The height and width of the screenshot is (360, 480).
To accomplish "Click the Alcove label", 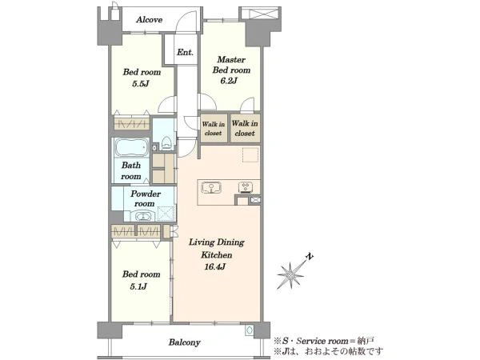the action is point(149,20).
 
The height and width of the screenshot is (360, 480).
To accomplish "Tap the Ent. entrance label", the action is point(185,52).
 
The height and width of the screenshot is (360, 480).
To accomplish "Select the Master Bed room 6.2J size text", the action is point(229,81).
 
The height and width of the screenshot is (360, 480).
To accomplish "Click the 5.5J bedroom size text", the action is point(141,83).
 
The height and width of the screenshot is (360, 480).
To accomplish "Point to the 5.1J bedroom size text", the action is point(138,286).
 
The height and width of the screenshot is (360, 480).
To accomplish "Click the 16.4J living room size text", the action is point(214,266).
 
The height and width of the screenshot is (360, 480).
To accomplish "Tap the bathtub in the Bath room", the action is point(132,147).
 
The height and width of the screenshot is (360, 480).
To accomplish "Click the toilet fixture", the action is point(166,142).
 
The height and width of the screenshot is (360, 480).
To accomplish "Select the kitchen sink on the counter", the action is point(211,187).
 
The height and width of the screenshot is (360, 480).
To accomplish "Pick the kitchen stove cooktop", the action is point(246,187).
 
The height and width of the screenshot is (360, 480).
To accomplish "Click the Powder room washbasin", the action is point(142,217).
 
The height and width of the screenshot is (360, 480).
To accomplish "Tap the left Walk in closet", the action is point(214,128).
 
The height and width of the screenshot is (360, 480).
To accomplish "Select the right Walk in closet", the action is point(245,128).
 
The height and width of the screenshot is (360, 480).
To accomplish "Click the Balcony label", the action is point(184,342).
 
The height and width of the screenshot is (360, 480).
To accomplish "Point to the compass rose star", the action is point(290,274).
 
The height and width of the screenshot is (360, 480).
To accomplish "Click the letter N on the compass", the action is point(310,257).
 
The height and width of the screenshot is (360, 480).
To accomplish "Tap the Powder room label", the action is point(145,198).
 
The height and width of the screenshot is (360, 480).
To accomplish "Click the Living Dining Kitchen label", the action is point(217,248).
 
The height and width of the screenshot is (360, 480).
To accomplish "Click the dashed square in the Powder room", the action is point(166,214).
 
